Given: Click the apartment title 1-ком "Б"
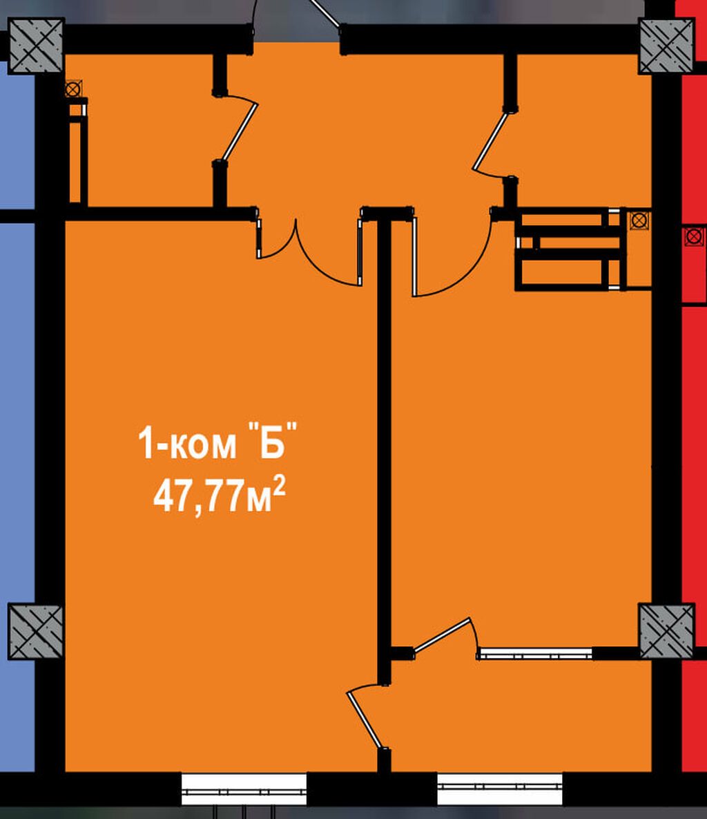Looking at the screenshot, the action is point(217,442).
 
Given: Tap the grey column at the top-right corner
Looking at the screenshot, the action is point(667,46).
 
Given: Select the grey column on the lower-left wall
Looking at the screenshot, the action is point(35,632).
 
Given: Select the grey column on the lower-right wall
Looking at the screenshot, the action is point(667,631).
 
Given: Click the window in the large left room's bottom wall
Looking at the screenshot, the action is point(244,789).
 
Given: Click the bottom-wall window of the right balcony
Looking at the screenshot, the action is point(499,789).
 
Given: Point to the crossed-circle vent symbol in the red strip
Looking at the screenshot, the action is point(693,237).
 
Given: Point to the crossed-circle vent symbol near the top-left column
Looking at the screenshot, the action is point(73,89).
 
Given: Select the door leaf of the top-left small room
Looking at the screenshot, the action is point(240,131).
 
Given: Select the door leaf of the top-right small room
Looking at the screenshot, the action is point(490,140).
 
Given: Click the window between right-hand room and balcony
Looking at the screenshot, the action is point(535,653).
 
